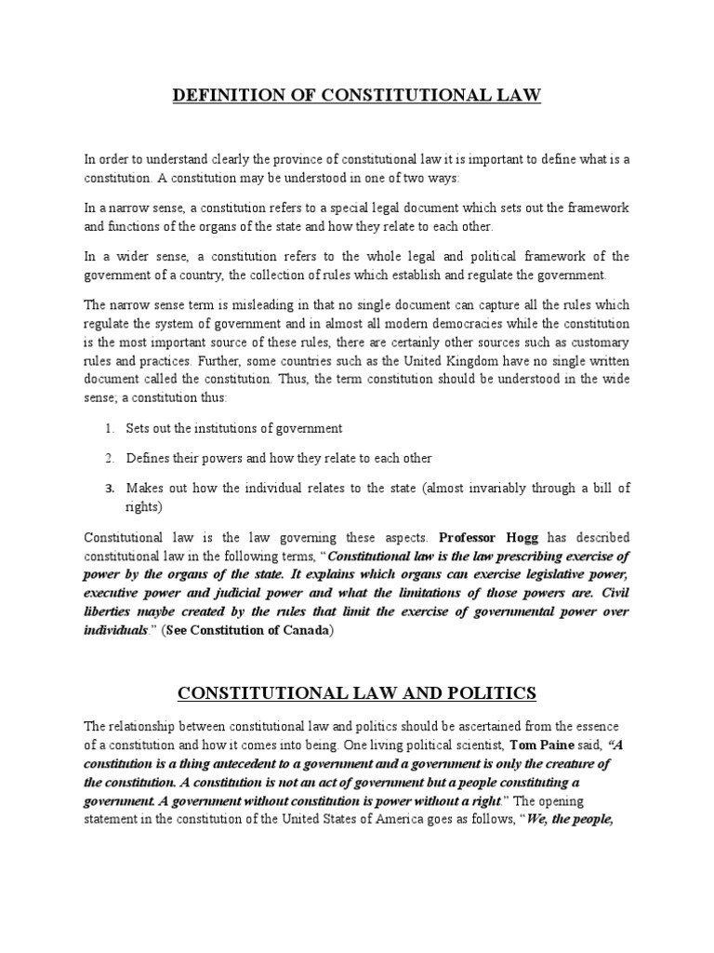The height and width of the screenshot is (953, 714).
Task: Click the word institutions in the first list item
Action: [213, 428]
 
